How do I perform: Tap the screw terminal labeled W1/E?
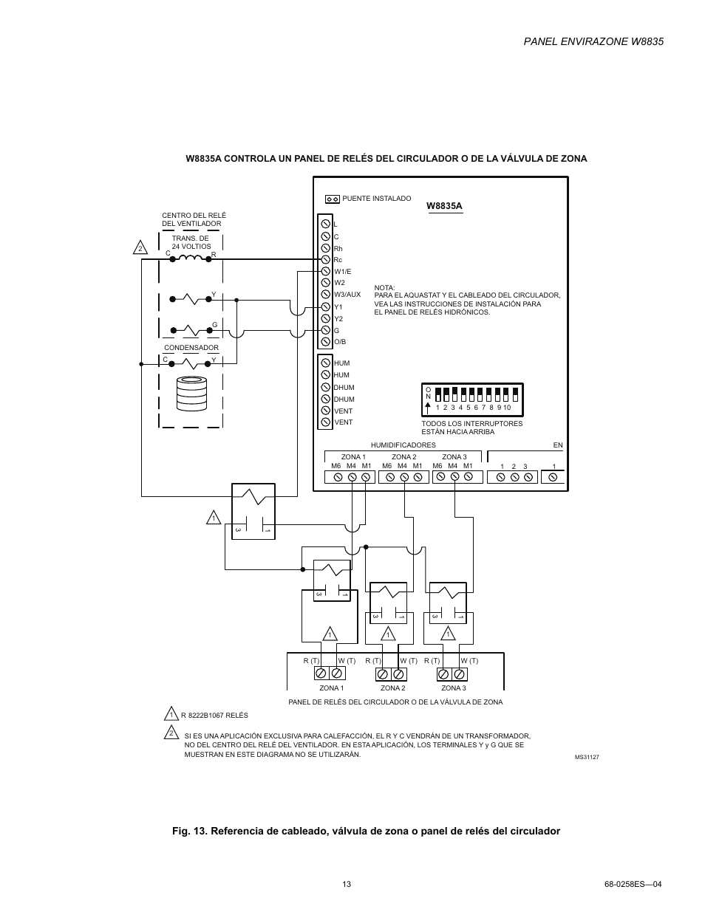(324, 272)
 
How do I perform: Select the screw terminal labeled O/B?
(324, 342)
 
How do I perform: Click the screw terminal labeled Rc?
(324, 260)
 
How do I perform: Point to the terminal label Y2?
(338, 319)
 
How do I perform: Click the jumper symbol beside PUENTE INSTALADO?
(332, 199)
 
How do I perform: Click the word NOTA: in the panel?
(384, 288)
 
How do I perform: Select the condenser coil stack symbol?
(192, 394)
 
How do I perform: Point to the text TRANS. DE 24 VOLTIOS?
(191, 242)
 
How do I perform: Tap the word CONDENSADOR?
(191, 348)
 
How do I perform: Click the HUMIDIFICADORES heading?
(403, 445)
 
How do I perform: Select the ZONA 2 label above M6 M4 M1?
(403, 457)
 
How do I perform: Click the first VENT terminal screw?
(324, 411)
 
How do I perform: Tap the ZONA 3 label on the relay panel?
(453, 688)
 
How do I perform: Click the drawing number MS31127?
(587, 758)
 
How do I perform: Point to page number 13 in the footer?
(347, 884)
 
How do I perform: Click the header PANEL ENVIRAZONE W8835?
(593, 41)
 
